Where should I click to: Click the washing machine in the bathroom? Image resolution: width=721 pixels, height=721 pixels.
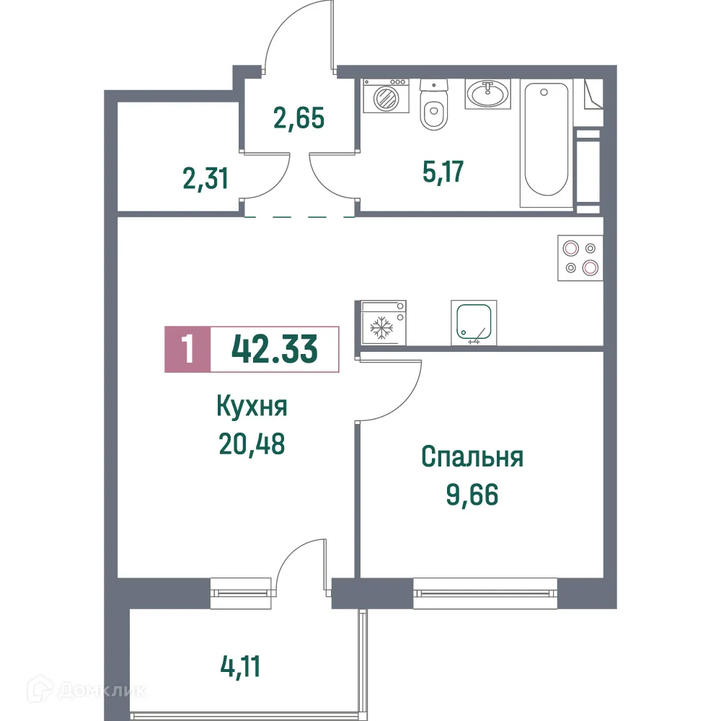coord(385,96)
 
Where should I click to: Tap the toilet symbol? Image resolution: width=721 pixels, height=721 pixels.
coord(433,107)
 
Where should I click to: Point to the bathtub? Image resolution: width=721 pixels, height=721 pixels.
coord(545,141)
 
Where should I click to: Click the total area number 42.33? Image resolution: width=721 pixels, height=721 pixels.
coord(274,350)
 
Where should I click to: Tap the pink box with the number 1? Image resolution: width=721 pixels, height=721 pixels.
coord(187,350)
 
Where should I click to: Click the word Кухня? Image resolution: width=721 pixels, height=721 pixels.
coord(252,407)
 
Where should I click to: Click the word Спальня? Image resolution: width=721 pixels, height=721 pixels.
coord(472,457)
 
